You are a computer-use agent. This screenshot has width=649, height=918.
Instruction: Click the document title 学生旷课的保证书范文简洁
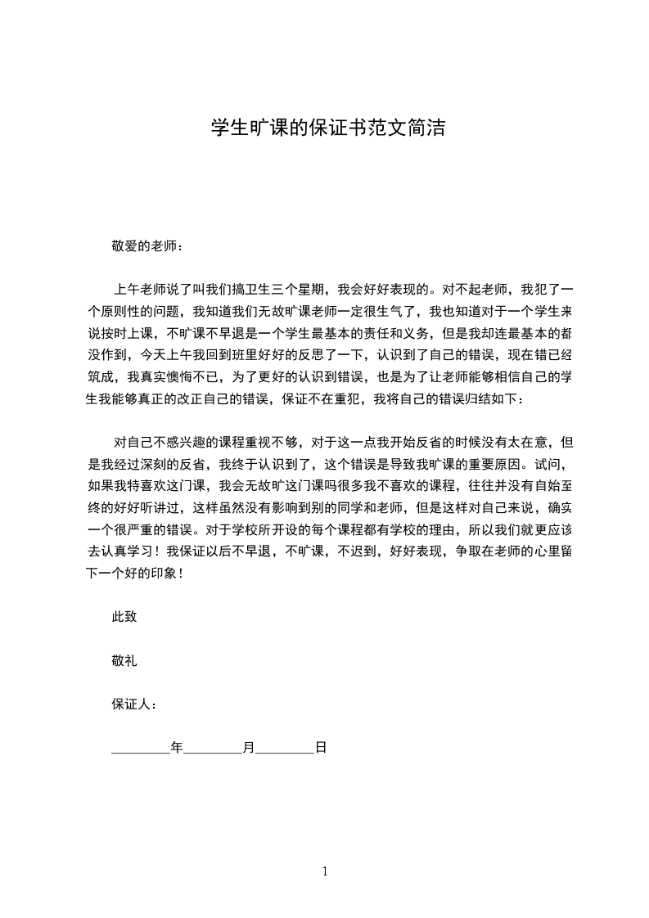click(327, 128)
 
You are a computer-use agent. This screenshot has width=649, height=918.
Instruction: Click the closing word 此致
click(124, 617)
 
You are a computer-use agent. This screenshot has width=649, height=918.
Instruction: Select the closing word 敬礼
click(124, 660)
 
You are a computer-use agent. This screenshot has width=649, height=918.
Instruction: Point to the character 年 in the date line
click(176, 747)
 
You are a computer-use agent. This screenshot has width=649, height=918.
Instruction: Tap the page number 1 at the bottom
click(325, 871)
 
